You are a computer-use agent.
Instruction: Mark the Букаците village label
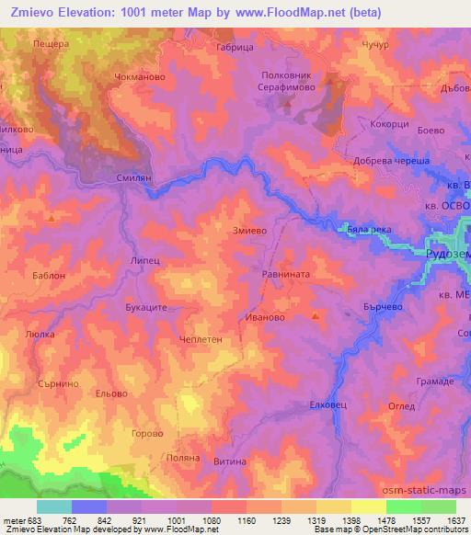point(145,309)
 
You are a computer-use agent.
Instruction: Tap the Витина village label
point(231,462)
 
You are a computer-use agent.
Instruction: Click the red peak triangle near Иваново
point(316,317)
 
